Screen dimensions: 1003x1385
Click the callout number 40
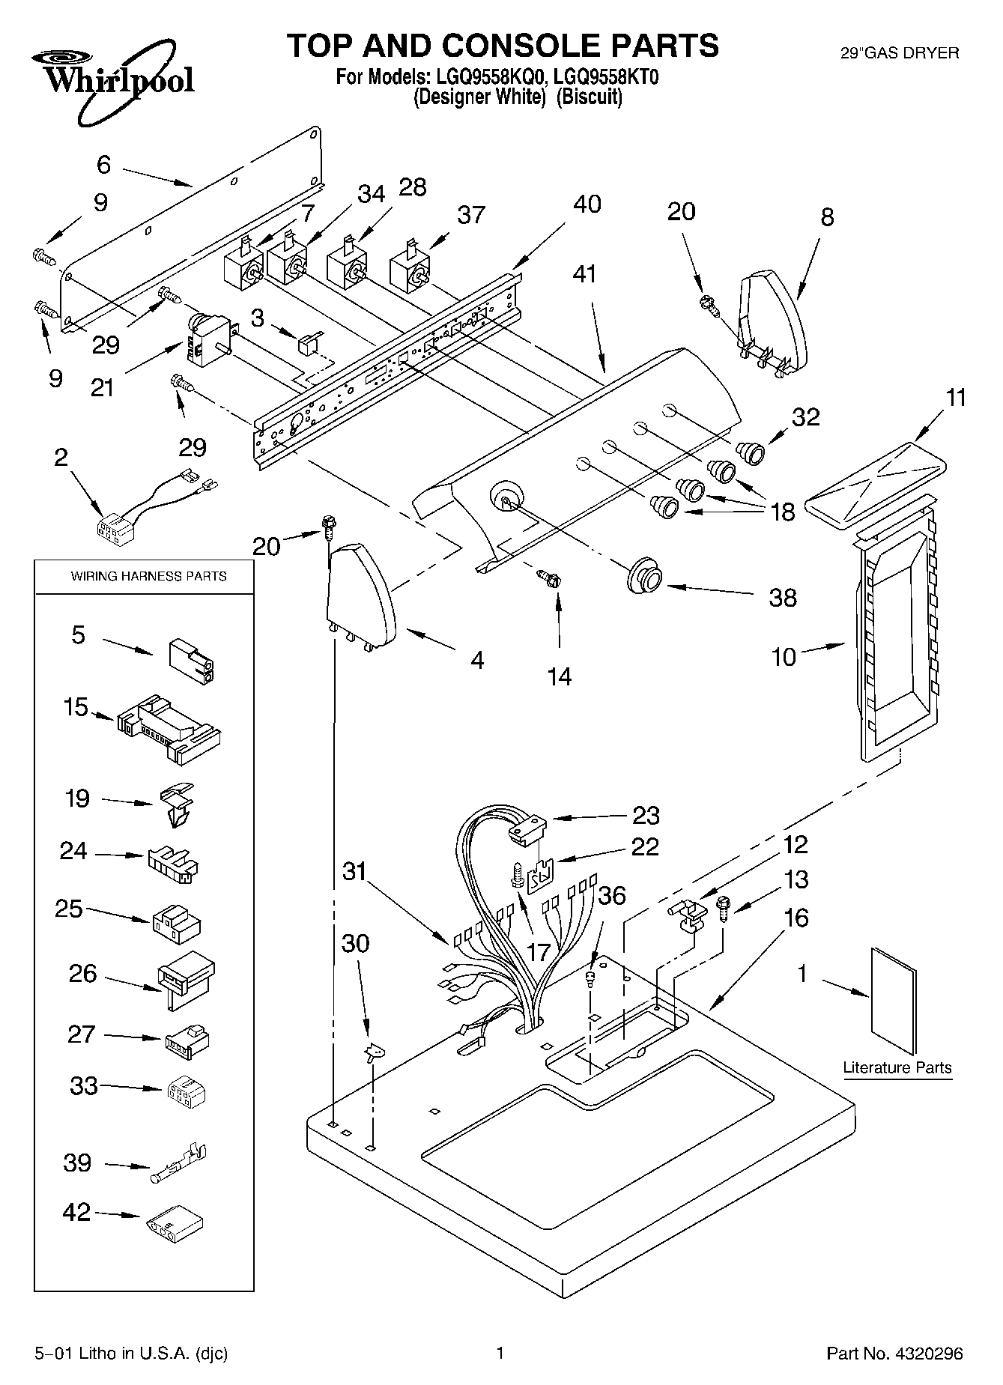[x=587, y=204]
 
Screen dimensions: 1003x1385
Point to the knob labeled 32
[x=751, y=452]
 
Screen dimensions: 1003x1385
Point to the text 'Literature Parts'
[x=897, y=1067]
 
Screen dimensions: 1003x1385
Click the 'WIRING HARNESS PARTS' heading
[x=148, y=576]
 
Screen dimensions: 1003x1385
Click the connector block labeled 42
[x=173, y=1221]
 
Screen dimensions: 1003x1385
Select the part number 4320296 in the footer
[x=927, y=1353]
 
